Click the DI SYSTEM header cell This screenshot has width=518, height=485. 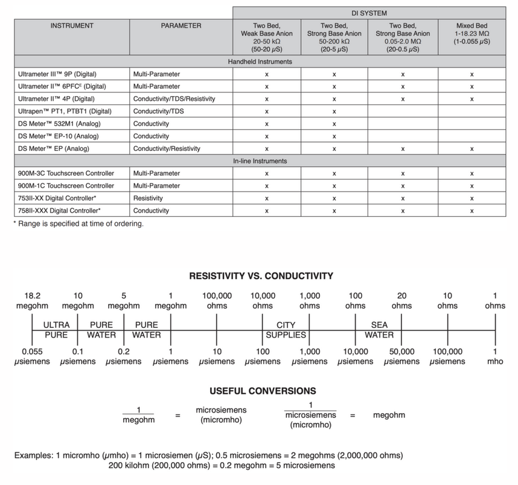[x=369, y=12]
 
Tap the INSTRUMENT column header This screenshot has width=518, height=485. [x=72, y=26]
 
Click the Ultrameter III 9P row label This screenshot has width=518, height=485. [x=53, y=74]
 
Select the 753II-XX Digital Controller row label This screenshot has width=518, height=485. [x=59, y=198]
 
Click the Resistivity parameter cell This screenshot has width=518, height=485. [x=150, y=198]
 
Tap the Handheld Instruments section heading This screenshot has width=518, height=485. [x=260, y=62]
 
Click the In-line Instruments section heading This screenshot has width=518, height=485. [x=260, y=161]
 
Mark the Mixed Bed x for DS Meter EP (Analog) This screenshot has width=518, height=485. [x=472, y=149]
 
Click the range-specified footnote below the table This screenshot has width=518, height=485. [x=78, y=224]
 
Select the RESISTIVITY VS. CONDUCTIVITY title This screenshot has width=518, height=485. [x=261, y=276]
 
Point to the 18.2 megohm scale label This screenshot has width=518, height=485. [x=32, y=301]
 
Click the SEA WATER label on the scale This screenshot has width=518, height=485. [x=379, y=330]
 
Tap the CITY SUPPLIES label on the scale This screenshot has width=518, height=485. [x=286, y=330]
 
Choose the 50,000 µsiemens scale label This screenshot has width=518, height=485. [x=401, y=356]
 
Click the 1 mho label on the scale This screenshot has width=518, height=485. [x=495, y=356]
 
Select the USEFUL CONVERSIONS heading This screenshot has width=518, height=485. [x=262, y=391]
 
